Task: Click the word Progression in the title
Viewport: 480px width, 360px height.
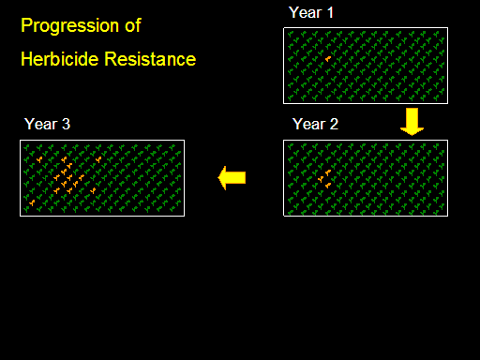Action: click(x=70, y=26)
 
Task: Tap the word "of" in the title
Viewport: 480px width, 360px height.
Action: click(x=133, y=25)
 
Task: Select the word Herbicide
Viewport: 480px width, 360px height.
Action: click(x=60, y=59)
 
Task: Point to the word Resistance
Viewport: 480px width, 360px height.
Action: click(x=150, y=59)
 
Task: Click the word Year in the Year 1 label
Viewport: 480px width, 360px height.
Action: click(x=306, y=13)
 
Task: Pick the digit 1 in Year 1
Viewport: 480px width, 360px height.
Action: click(x=330, y=13)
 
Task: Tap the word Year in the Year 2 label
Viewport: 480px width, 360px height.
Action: click(x=309, y=124)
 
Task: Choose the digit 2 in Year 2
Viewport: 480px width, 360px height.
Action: click(x=334, y=124)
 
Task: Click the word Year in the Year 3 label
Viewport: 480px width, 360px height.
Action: click(x=41, y=124)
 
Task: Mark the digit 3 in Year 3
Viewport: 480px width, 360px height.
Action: click(x=66, y=124)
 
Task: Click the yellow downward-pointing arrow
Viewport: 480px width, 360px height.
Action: click(x=412, y=122)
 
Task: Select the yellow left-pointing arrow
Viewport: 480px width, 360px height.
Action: click(x=232, y=177)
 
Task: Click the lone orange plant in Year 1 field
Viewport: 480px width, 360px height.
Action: click(x=328, y=59)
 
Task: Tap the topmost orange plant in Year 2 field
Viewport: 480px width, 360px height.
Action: click(x=328, y=172)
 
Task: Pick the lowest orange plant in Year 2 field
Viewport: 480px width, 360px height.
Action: click(x=328, y=186)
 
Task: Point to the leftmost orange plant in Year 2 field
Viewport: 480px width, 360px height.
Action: click(x=321, y=179)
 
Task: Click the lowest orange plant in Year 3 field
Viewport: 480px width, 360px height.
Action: click(x=32, y=202)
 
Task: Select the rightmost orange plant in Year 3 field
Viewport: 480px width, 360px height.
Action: click(x=98, y=159)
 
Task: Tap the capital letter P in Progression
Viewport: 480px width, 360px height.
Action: click(x=26, y=25)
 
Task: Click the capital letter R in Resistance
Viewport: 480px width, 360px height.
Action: click(x=111, y=59)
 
